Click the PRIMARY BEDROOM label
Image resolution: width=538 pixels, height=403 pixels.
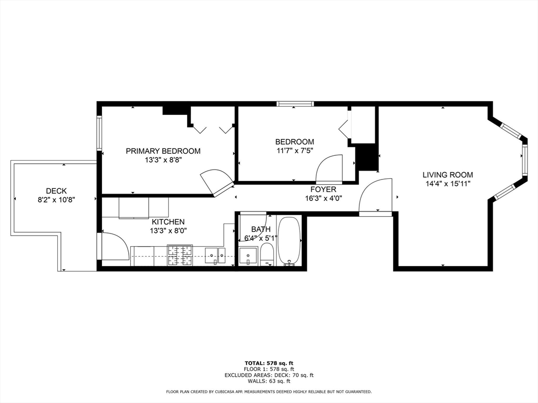pyautogui.click(x=163, y=151)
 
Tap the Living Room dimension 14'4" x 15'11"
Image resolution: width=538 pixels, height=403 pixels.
pyautogui.click(x=448, y=184)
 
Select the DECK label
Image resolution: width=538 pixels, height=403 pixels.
pyautogui.click(x=56, y=191)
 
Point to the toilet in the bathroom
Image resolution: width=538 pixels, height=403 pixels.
pyautogui.click(x=267, y=254)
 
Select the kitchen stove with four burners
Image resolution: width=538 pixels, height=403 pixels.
pyautogui.click(x=180, y=256)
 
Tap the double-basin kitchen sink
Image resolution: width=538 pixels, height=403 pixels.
pyautogui.click(x=214, y=256)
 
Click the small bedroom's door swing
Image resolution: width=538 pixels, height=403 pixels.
pyautogui.click(x=329, y=168)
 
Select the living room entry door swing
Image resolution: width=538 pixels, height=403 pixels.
pyautogui.click(x=376, y=196)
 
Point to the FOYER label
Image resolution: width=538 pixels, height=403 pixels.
pyautogui.click(x=323, y=189)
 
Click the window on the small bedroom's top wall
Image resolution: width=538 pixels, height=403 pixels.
pyautogui.click(x=295, y=103)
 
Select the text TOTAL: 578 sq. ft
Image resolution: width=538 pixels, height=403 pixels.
pyautogui.click(x=268, y=363)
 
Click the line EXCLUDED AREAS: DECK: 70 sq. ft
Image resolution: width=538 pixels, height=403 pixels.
pyautogui.click(x=268, y=375)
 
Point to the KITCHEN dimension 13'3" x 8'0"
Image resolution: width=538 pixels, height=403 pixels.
pyautogui.click(x=168, y=230)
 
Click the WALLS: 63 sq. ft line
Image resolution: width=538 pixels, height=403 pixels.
pyautogui.click(x=268, y=381)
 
